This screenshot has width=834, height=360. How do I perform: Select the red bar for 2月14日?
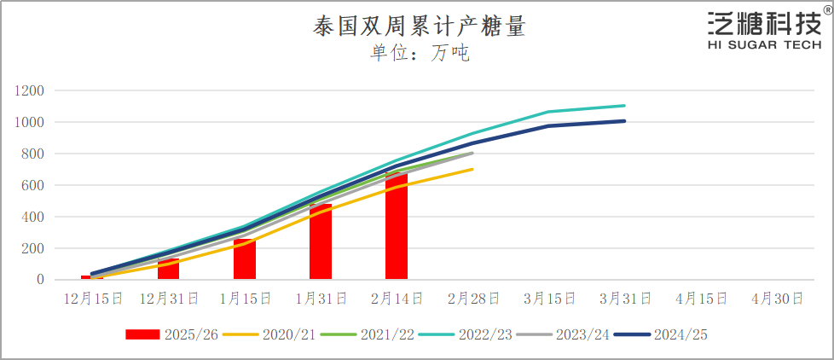click(x=397, y=226)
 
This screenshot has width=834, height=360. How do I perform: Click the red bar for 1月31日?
click(x=321, y=242)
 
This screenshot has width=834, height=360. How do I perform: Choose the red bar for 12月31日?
click(x=168, y=270)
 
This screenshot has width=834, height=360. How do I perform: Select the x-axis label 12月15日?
click(x=92, y=299)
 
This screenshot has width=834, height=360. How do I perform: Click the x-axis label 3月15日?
click(x=549, y=299)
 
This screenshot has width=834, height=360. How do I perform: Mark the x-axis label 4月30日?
click(x=778, y=299)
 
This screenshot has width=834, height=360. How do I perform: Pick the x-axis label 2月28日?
click(x=472, y=299)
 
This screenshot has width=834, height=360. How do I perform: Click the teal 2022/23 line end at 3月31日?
click(x=624, y=106)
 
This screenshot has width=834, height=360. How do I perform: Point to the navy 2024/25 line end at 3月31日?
click(x=624, y=121)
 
